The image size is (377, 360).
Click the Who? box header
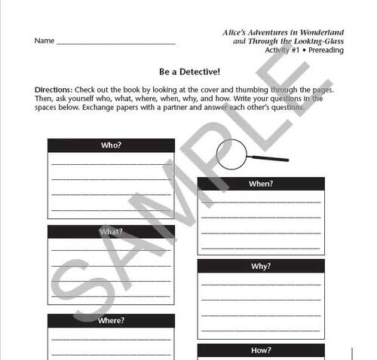tap(111, 145)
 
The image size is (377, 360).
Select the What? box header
tap(111, 232)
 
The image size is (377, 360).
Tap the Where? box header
tap(111, 321)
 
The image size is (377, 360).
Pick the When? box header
tap(261, 183)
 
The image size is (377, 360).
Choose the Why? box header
tap(261, 267)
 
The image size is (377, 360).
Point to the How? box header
tap(261, 350)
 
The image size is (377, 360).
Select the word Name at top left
tap(44, 41)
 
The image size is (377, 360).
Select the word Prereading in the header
tap(325, 50)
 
